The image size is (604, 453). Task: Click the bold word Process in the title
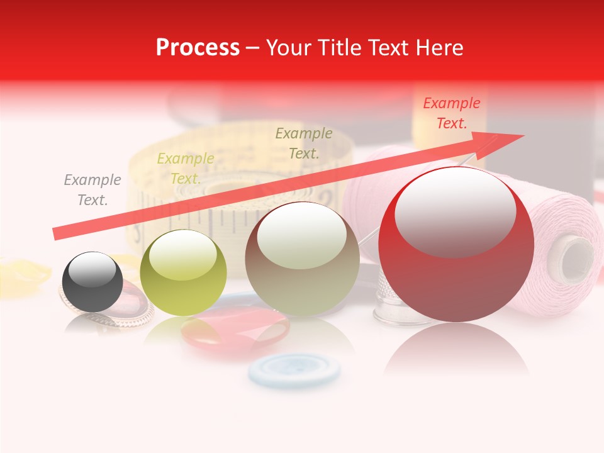(x=198, y=48)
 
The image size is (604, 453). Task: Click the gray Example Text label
(x=92, y=190)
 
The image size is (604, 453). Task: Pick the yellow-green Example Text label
(x=186, y=169)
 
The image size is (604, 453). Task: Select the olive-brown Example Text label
(x=304, y=143)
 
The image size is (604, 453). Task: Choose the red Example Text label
(x=451, y=113)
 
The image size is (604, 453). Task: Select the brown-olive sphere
(x=302, y=259)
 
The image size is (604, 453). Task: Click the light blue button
(x=294, y=369)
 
